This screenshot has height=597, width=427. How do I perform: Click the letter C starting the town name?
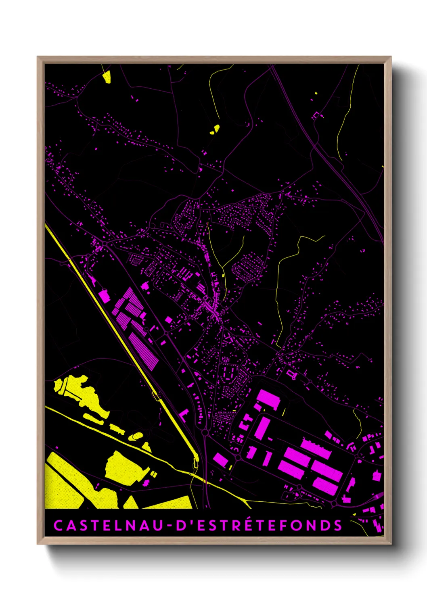[58, 526]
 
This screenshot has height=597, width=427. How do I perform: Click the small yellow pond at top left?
[107, 77]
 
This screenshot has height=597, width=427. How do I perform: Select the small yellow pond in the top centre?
[215, 129]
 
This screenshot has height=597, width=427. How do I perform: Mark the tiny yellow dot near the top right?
[316, 93]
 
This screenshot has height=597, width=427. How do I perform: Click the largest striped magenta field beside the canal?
[144, 351]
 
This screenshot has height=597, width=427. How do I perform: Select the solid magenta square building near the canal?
[104, 296]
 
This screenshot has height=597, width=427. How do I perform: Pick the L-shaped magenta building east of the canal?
[184, 415]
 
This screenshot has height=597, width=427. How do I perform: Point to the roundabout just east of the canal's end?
[205, 432]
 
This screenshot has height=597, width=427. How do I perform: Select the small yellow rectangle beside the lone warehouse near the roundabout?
[230, 467]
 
